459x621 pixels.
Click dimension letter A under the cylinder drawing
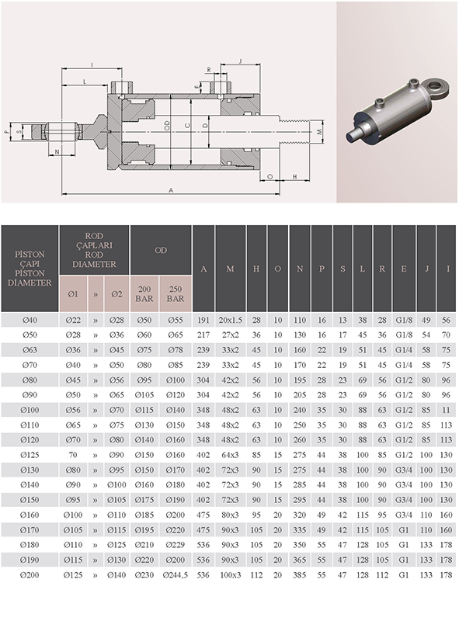171,190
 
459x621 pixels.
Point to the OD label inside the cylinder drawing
167,126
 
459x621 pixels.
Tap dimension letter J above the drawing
240,61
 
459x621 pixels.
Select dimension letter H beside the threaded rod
295,177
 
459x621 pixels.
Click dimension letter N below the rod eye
57,151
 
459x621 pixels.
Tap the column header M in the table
230,269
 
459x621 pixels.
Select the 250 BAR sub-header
176,293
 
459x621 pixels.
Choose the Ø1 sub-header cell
73,294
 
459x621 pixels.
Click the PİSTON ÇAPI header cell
30,268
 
